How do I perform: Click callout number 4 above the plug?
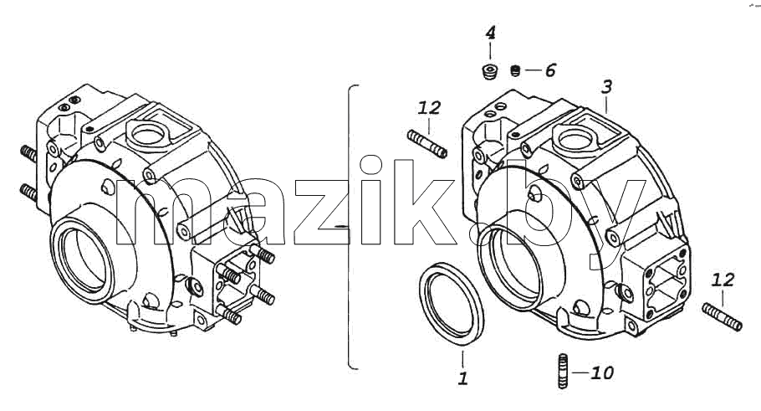[x=490, y=33]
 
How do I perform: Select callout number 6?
[x=550, y=70]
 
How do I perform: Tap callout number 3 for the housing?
[x=606, y=87]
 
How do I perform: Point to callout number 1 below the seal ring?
[x=463, y=378]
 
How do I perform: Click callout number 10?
[x=602, y=373]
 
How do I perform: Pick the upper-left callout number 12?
[x=429, y=107]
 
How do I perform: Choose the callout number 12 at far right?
[x=723, y=280]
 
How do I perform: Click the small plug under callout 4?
[x=490, y=72]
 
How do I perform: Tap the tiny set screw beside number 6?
[x=516, y=71]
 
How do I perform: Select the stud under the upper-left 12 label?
[x=427, y=144]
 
